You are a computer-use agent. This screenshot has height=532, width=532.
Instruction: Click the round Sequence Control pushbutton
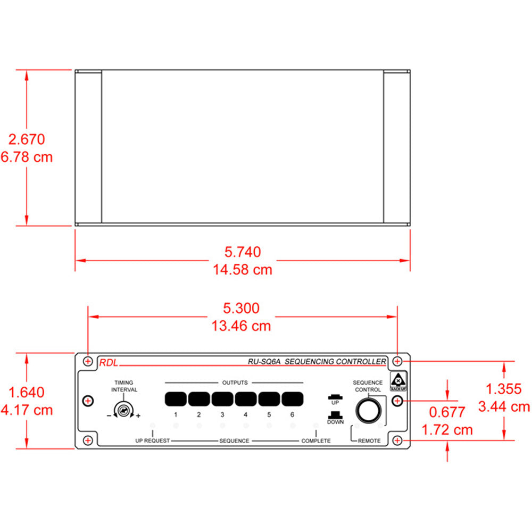coord(368,411)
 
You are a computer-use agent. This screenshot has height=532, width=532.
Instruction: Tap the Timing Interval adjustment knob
coord(123,411)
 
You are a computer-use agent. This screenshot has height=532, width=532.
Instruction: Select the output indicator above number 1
coord(175,398)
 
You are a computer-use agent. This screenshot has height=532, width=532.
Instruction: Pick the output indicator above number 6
coord(292,398)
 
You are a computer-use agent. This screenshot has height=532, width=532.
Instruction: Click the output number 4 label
coord(245,415)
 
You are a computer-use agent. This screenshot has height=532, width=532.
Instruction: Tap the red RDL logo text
coord(108,364)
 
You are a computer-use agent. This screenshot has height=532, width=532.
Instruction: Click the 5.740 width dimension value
coord(243,252)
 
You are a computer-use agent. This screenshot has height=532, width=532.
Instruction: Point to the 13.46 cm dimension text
coord(243,326)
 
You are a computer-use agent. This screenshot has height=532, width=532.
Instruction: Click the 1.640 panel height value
coord(27,393)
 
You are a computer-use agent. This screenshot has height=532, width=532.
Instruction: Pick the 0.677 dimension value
coord(447,412)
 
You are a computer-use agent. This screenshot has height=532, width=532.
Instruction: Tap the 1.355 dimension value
coord(503,389)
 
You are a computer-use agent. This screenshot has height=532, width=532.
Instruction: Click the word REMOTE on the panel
coord(369,441)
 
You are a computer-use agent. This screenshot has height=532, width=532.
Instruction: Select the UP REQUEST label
coord(152,441)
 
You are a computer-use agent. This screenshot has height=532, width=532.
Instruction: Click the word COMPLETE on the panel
coord(316,441)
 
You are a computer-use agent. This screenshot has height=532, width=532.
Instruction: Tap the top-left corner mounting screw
coord(88,361)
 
